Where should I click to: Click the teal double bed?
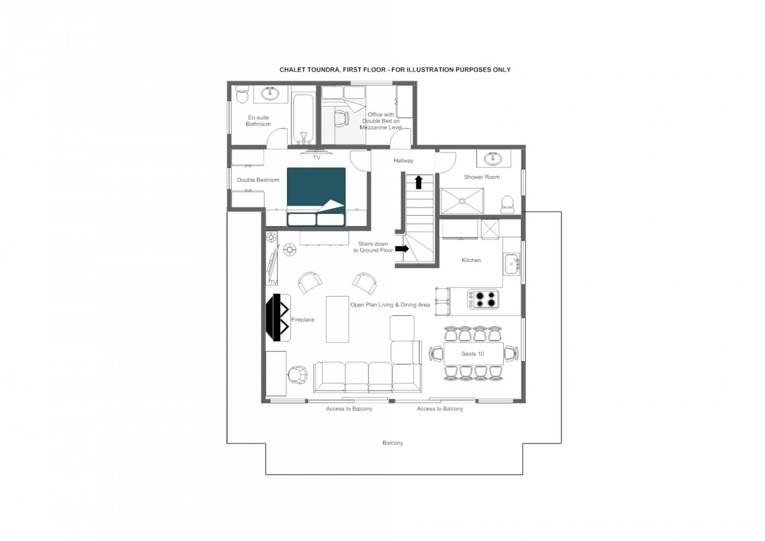pos(316,197)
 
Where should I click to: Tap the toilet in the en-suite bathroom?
pos(242,94)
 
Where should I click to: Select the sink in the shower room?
pos(493,158)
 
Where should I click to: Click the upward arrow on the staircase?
pos(419,182)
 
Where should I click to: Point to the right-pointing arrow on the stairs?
pos(402,248)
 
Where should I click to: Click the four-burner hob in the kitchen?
pos(483,299)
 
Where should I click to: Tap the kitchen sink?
pos(511,264)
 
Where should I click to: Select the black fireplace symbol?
pos(278,317)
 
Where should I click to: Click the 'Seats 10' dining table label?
pos(472,354)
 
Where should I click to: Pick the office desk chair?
pos(342,118)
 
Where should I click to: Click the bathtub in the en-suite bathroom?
pos(303,119)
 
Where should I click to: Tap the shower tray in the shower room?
pos(462,201)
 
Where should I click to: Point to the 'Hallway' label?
pos(403,161)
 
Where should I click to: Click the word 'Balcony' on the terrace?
pos(392,443)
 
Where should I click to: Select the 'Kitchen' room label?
pos(471,260)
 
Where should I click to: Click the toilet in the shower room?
pos(507,204)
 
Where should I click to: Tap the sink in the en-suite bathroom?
pos(270,93)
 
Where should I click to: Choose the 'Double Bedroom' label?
pos(258,180)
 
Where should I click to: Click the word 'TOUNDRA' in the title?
pos(323,70)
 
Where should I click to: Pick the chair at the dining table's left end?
pos(436,354)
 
